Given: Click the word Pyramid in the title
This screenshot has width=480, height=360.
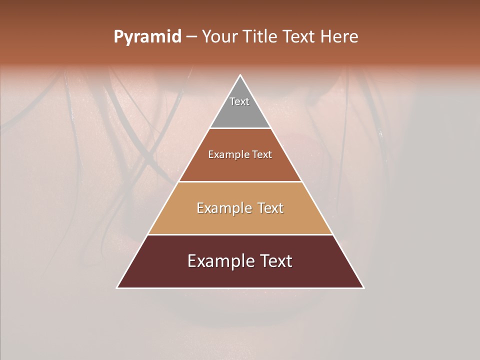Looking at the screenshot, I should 147,37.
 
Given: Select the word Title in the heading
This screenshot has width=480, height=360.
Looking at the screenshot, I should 260,37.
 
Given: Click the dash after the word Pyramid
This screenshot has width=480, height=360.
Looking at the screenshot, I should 191,37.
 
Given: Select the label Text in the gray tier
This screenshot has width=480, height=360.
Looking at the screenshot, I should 239,101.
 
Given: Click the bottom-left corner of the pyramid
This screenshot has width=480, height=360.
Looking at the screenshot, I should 118,287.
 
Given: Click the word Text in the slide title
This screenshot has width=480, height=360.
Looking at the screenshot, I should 298,37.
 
